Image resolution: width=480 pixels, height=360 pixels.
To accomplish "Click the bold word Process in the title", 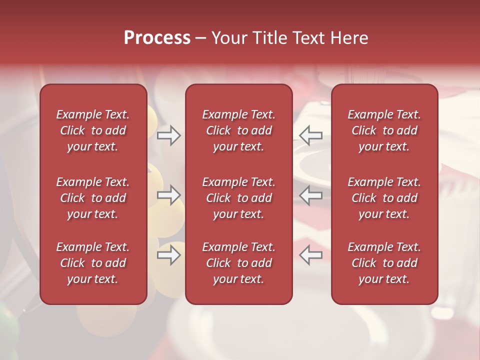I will (157, 38).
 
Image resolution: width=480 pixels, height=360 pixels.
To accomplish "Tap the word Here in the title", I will (349, 38).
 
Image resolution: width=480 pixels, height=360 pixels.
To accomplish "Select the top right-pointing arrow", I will (168, 135).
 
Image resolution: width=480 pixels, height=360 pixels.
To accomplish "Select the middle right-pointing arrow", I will (168, 195).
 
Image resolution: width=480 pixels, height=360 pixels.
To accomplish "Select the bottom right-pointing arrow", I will (168, 255).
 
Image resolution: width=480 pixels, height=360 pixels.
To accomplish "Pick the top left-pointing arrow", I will (311, 135).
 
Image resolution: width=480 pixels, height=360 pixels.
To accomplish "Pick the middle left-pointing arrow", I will (311, 195).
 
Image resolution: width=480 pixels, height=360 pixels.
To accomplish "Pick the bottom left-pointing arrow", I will (311, 255).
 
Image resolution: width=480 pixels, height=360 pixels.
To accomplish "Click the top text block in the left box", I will (93, 130).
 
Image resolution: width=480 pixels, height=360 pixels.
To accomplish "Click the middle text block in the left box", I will (93, 198).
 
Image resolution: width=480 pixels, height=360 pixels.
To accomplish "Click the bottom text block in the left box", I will (93, 263).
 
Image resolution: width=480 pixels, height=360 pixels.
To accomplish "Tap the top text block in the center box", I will (239, 130).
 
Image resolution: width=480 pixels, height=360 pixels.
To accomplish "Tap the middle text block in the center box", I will (239, 198).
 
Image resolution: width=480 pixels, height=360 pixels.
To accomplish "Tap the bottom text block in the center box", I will (239, 263).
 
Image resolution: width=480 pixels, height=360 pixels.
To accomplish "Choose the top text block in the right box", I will (384, 130).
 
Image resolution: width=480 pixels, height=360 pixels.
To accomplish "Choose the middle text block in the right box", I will (384, 198).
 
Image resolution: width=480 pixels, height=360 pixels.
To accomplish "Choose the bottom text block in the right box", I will (384, 263).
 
